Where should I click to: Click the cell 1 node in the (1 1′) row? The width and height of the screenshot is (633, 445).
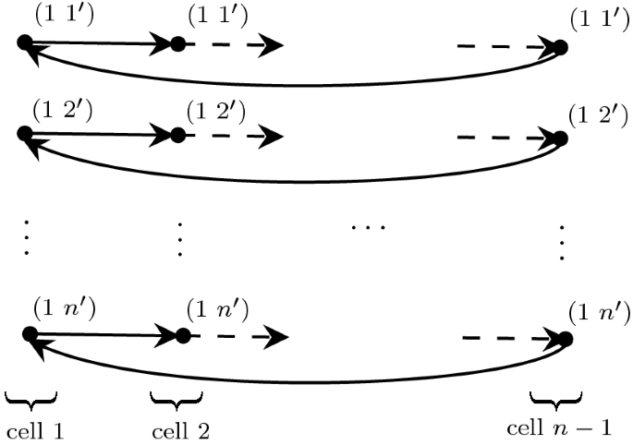point(25,42)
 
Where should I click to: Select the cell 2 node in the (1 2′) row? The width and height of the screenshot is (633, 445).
point(177,136)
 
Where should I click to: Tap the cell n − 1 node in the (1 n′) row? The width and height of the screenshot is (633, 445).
point(565,339)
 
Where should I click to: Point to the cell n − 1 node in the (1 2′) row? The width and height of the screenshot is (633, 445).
point(560,139)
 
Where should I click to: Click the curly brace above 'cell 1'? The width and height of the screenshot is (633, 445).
point(30,398)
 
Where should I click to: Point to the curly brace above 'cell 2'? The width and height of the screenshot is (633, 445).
point(176,399)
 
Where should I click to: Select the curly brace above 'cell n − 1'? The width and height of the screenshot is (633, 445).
point(556,398)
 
